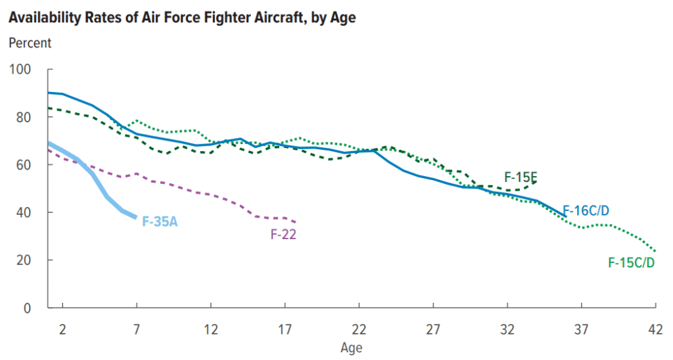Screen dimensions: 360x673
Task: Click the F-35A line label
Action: click(160, 221)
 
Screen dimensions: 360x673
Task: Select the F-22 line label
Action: click(283, 233)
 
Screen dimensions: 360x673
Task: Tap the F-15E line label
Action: click(521, 177)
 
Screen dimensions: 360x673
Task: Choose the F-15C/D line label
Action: click(632, 263)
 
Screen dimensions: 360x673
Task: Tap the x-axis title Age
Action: click(351, 347)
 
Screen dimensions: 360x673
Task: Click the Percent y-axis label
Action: click(30, 43)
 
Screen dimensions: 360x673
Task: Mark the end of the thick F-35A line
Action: click(136, 217)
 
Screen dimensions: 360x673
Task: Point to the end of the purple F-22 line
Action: click(296, 222)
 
